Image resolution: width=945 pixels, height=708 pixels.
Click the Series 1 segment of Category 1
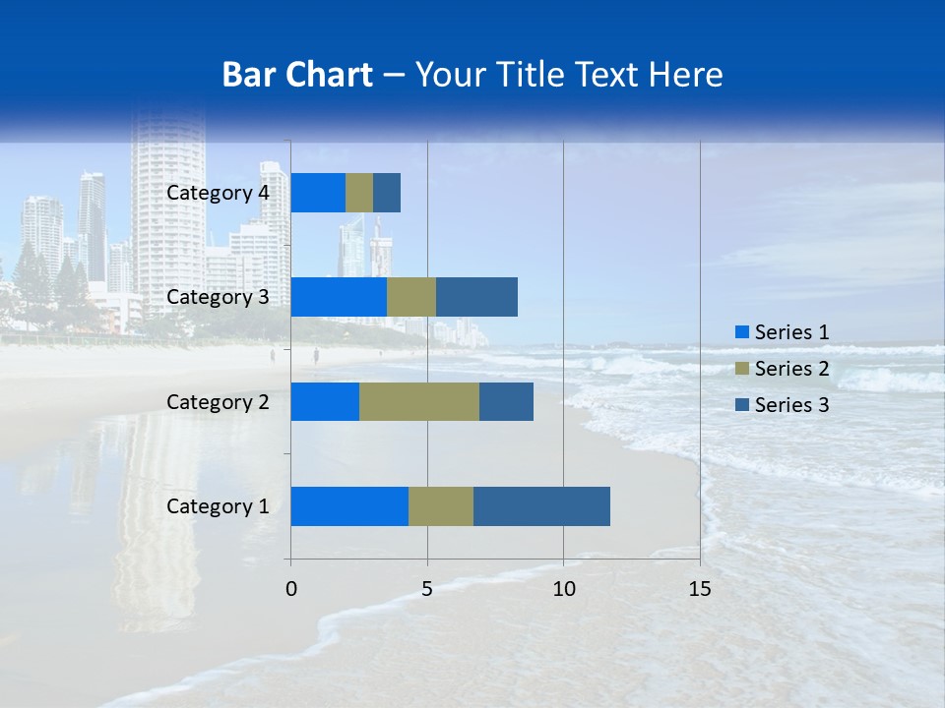click(x=349, y=506)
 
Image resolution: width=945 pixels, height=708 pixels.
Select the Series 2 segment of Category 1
click(x=441, y=506)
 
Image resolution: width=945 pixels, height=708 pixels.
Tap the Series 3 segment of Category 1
click(x=541, y=506)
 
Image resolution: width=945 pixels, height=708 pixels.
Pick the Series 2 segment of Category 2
click(x=419, y=401)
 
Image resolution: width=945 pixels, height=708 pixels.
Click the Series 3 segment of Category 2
click(x=506, y=401)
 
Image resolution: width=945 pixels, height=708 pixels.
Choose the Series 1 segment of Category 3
click(x=339, y=297)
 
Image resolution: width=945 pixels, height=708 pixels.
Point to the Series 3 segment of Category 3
click(x=476, y=297)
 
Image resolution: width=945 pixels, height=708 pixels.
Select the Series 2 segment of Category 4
click(x=359, y=193)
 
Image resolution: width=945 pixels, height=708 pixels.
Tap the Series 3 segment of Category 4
click(x=387, y=193)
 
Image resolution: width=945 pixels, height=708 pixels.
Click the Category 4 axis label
click(x=218, y=193)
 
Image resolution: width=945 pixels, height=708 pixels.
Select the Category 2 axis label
click(x=218, y=401)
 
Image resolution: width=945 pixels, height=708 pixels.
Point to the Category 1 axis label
click(x=218, y=506)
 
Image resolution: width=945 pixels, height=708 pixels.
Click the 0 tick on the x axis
click(x=291, y=589)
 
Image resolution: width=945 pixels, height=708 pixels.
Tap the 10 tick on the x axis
click(x=563, y=589)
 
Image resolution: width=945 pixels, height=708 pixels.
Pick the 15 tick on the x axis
click(x=700, y=589)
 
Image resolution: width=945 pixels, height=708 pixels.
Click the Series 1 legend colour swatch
click(x=742, y=332)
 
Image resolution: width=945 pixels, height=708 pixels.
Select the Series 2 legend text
click(x=791, y=369)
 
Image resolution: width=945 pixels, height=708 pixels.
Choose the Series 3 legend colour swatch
click(x=742, y=405)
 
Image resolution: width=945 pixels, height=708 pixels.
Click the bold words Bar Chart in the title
click(x=297, y=75)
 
